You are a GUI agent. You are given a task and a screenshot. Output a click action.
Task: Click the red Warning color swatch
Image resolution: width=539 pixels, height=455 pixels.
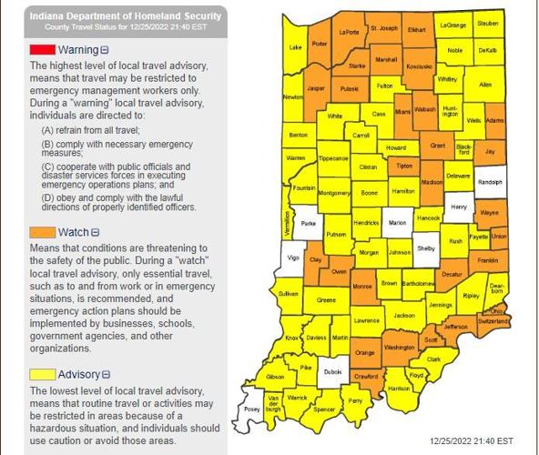[x=43, y=49]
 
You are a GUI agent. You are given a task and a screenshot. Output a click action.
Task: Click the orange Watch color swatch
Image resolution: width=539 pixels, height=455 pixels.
[x=43, y=232]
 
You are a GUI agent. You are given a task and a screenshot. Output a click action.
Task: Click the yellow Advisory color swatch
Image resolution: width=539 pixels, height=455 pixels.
[x=43, y=374]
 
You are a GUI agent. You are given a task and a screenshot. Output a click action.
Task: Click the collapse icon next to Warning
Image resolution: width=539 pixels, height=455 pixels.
[x=105, y=49]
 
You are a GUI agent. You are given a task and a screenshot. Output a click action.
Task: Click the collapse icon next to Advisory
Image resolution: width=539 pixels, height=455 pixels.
[x=106, y=374]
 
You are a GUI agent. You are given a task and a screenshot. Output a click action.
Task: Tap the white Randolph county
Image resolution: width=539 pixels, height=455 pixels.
[x=490, y=181]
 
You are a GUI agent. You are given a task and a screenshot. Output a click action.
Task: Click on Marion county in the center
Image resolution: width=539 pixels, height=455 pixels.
[x=396, y=221]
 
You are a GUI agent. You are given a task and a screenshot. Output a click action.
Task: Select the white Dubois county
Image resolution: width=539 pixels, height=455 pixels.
[x=333, y=371]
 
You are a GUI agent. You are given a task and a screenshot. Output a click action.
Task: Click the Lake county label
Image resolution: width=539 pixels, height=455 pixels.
[x=294, y=46]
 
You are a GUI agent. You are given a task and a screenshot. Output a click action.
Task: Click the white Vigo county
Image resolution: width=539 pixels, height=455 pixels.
[x=292, y=258]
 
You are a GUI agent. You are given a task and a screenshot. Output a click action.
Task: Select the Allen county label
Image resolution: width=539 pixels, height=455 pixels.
[x=484, y=84]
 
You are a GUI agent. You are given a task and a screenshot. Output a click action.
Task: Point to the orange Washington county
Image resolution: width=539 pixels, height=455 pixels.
[x=399, y=347]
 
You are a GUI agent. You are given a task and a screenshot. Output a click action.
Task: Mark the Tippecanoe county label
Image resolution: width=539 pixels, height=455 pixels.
[x=332, y=157]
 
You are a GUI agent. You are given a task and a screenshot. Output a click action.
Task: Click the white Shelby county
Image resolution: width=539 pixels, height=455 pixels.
[x=425, y=248]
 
